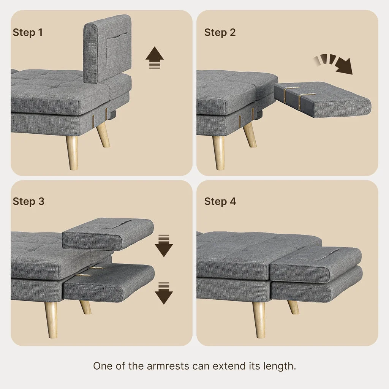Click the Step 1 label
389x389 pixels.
click(x=28, y=32)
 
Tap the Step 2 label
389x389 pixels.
click(x=220, y=32)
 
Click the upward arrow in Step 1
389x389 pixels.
click(x=155, y=58)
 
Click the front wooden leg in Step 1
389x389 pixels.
click(x=72, y=152)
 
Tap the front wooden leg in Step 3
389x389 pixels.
click(x=51, y=319)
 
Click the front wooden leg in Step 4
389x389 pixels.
click(x=259, y=319)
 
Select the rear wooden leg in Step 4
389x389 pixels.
click(x=293, y=307)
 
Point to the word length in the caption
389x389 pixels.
click(x=280, y=366)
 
